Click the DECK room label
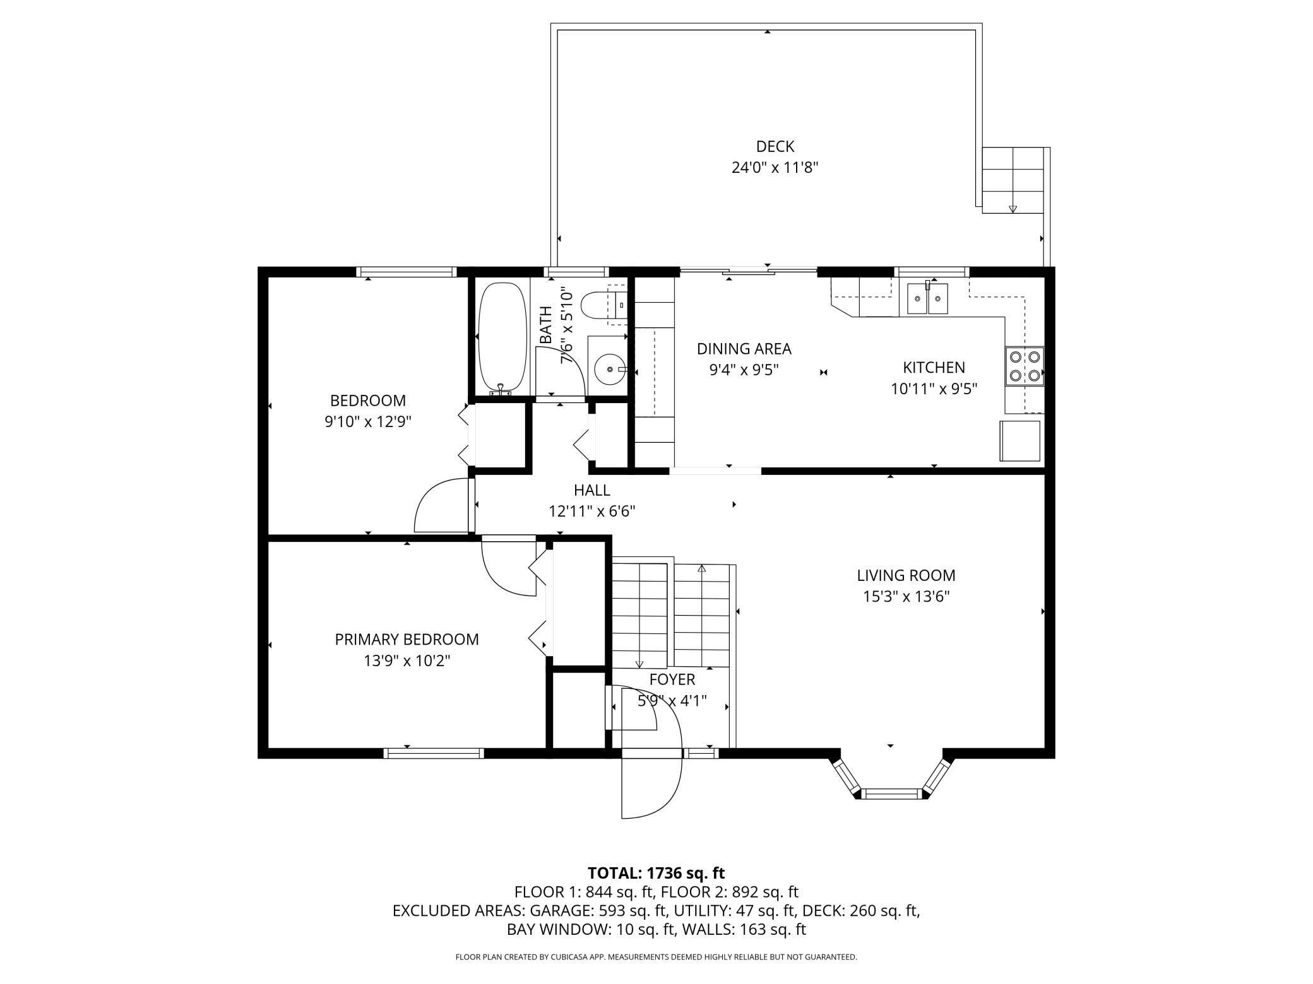click(775, 146)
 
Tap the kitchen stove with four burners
click(1025, 366)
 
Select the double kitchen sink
click(927, 299)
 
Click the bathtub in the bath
click(502, 338)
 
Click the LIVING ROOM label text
click(906, 575)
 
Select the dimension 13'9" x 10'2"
click(407, 661)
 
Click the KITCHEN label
click(934, 367)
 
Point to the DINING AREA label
click(744, 349)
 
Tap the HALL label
click(591, 490)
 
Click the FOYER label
click(672, 679)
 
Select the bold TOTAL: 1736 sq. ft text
click(656, 873)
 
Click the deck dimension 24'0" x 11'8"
click(775, 168)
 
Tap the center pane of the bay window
click(891, 793)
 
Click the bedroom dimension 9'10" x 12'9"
click(368, 421)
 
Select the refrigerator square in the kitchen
click(1019, 441)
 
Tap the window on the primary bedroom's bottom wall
click(434, 753)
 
